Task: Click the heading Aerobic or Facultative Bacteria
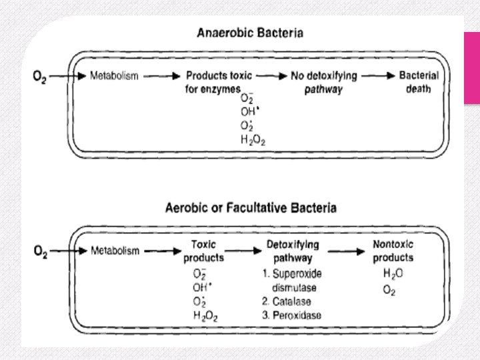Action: (251, 207)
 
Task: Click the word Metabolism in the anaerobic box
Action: (114, 75)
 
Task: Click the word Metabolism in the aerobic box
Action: (115, 251)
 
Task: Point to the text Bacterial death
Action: (419, 82)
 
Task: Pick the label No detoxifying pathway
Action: (324, 82)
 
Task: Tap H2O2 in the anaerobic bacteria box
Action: (253, 139)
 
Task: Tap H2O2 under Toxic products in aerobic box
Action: (205, 315)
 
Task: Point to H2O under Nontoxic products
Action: (393, 273)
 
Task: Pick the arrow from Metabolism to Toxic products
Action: (161, 251)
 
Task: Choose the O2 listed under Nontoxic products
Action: (389, 290)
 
